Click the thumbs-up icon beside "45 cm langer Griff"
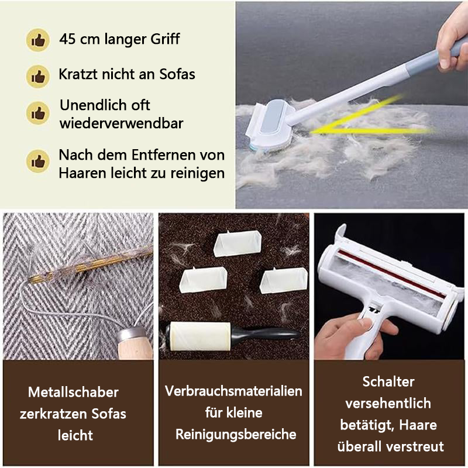tap(38, 40)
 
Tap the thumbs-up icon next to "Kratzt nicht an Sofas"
tap(38, 77)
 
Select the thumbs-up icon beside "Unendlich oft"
tap(38, 113)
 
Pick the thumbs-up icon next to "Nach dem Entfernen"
tap(38, 161)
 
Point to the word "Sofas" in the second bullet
tap(177, 74)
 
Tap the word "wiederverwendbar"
tap(121, 123)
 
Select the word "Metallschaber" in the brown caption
tap(74, 392)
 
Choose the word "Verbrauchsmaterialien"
tap(233, 391)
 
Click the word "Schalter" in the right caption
tap(388, 382)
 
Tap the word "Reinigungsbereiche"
tap(236, 435)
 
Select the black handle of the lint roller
tap(266, 333)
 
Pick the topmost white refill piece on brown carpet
tap(238, 243)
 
